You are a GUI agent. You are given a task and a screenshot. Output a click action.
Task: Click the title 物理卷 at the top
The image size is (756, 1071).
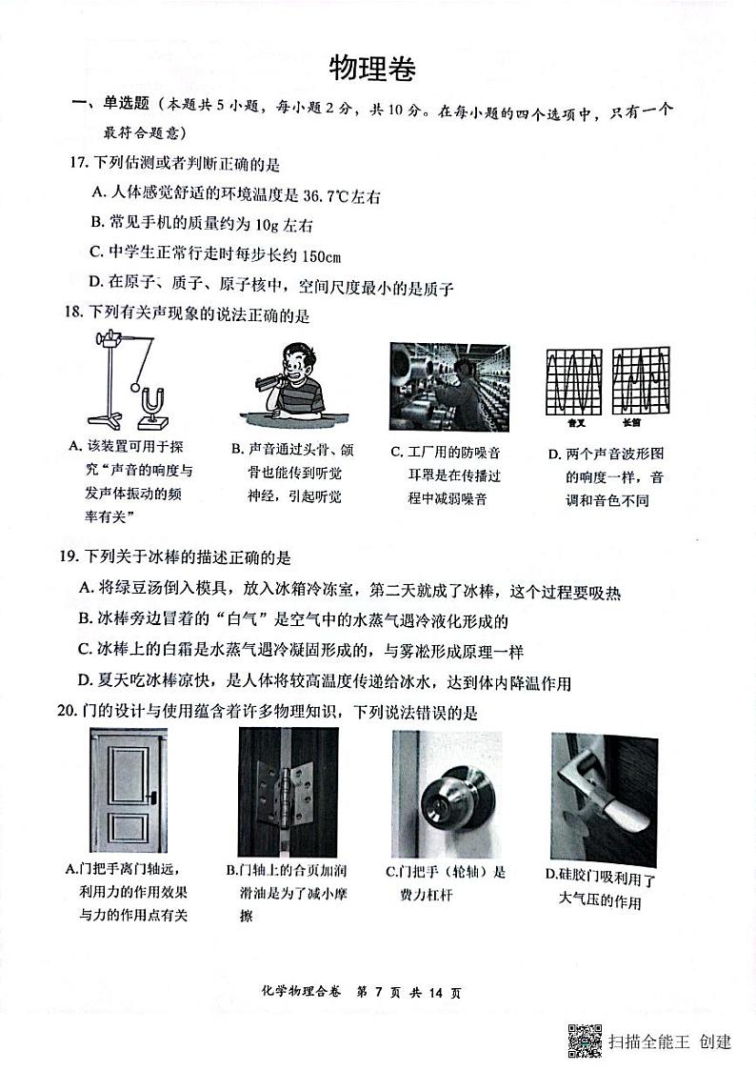pyautogui.click(x=372, y=70)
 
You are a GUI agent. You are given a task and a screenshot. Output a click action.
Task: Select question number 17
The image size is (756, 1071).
pyautogui.click(x=79, y=163)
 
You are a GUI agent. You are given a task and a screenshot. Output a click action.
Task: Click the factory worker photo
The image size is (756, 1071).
pyautogui.click(x=448, y=387)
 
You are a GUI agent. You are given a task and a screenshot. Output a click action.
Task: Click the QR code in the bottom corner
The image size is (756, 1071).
pyautogui.click(x=585, y=1041)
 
